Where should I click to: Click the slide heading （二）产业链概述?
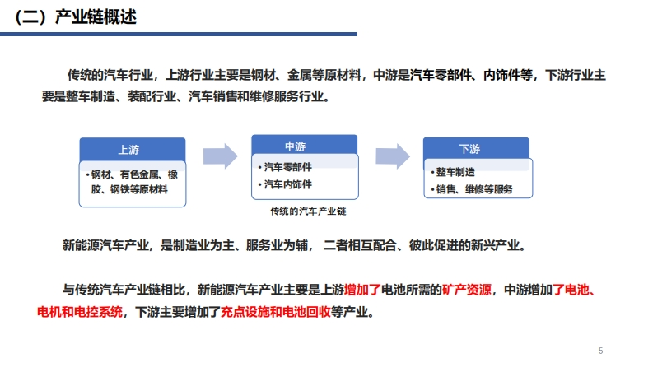pos(75,17)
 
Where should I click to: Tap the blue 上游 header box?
pos(133,150)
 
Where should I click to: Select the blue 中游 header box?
pos(304,145)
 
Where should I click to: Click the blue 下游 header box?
pos(476,148)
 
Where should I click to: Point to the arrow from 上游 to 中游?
pos(221,156)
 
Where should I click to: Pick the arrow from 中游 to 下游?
pos(393,156)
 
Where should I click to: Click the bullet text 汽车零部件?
pos(287,167)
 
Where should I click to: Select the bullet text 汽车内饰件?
pos(287,184)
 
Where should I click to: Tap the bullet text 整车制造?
pos(455,172)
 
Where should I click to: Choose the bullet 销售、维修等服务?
pos(474,189)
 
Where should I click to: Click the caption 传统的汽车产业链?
pos(308,211)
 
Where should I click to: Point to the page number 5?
pos(600,351)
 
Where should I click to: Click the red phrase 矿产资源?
pos(467,290)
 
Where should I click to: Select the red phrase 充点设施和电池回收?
pos(275,312)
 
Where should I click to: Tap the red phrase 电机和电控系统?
pos(80,312)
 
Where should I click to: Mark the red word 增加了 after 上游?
pos(362,290)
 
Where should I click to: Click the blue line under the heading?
pos(179,34)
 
